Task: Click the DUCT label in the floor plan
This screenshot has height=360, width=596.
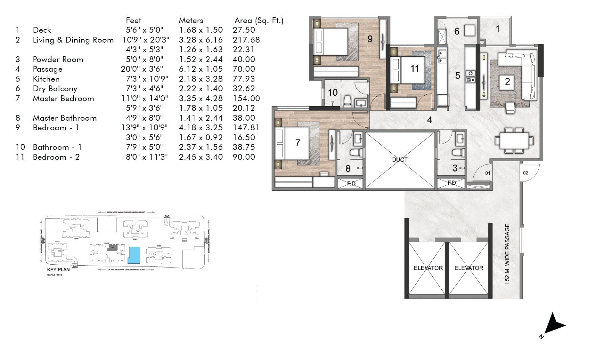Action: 400,160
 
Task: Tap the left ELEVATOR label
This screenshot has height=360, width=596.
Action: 428,268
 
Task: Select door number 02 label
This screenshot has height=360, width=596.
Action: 526,173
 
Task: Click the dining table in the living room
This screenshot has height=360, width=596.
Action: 514,140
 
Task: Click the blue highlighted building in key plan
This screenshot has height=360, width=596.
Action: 134,255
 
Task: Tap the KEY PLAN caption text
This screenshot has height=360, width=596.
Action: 58,270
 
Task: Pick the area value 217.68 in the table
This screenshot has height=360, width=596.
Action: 246,40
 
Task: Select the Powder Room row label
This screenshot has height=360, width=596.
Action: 58,60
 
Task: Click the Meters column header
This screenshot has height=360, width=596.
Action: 191,20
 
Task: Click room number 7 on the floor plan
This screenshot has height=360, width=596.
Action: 298,143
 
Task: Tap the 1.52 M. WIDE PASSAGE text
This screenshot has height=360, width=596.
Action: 507,254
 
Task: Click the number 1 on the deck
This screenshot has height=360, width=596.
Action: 497,29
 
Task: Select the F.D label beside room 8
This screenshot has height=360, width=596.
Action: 351,184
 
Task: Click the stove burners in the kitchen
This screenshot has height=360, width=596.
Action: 470,76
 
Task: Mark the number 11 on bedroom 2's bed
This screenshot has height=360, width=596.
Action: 414,68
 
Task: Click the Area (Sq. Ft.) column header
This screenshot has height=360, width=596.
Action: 259,20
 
